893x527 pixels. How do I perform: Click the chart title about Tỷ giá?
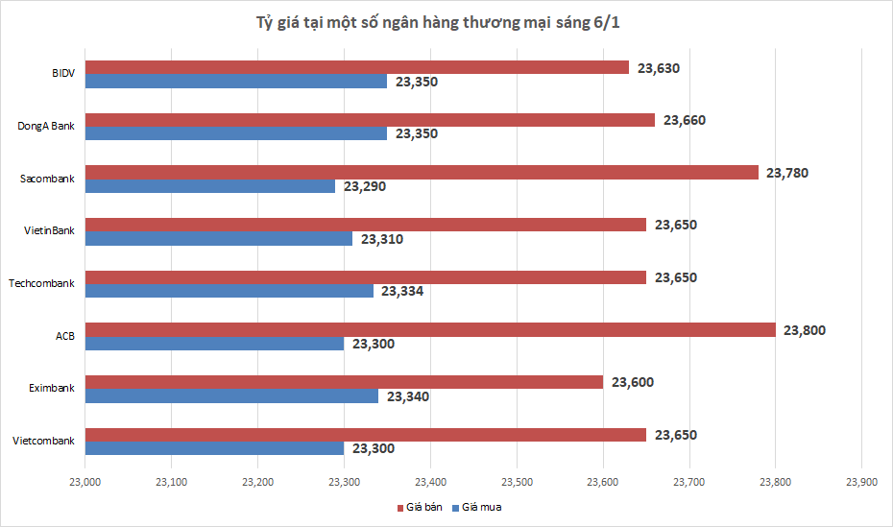pyautogui.click(x=446, y=21)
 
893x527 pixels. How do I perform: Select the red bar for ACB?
pyautogui.click(x=430, y=329)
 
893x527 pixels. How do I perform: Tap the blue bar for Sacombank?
pyautogui.click(x=210, y=186)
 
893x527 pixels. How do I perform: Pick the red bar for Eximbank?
pyautogui.click(x=344, y=382)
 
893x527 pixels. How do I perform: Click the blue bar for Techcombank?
pyautogui.click(x=229, y=291)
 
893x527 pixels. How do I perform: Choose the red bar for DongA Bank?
pyautogui.click(x=370, y=120)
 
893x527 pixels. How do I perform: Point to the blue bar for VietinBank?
pyautogui.click(x=219, y=238)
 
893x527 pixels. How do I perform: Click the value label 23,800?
pyautogui.click(x=805, y=330)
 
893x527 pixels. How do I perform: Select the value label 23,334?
pyautogui.click(x=402, y=291)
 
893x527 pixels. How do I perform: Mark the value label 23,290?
pyautogui.click(x=364, y=186)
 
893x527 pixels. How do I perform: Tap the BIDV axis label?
pyautogui.click(x=63, y=74)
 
